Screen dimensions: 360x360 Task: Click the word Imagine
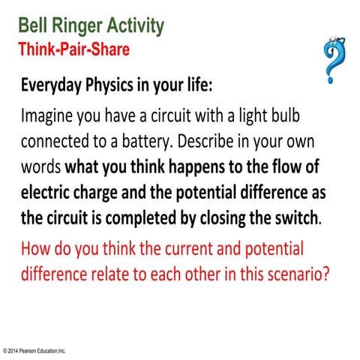pyautogui.click(x=49, y=116)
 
